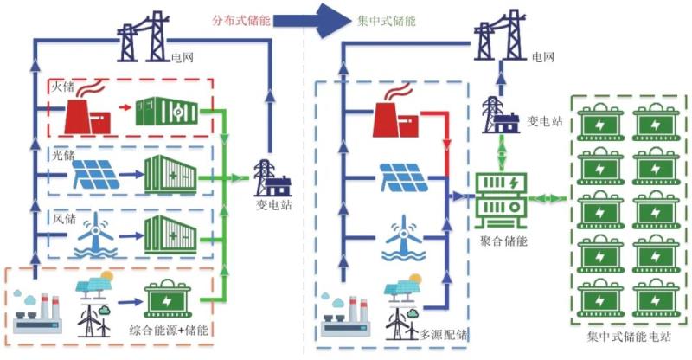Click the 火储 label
[x=61, y=87]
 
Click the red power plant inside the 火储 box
[x=89, y=112]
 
